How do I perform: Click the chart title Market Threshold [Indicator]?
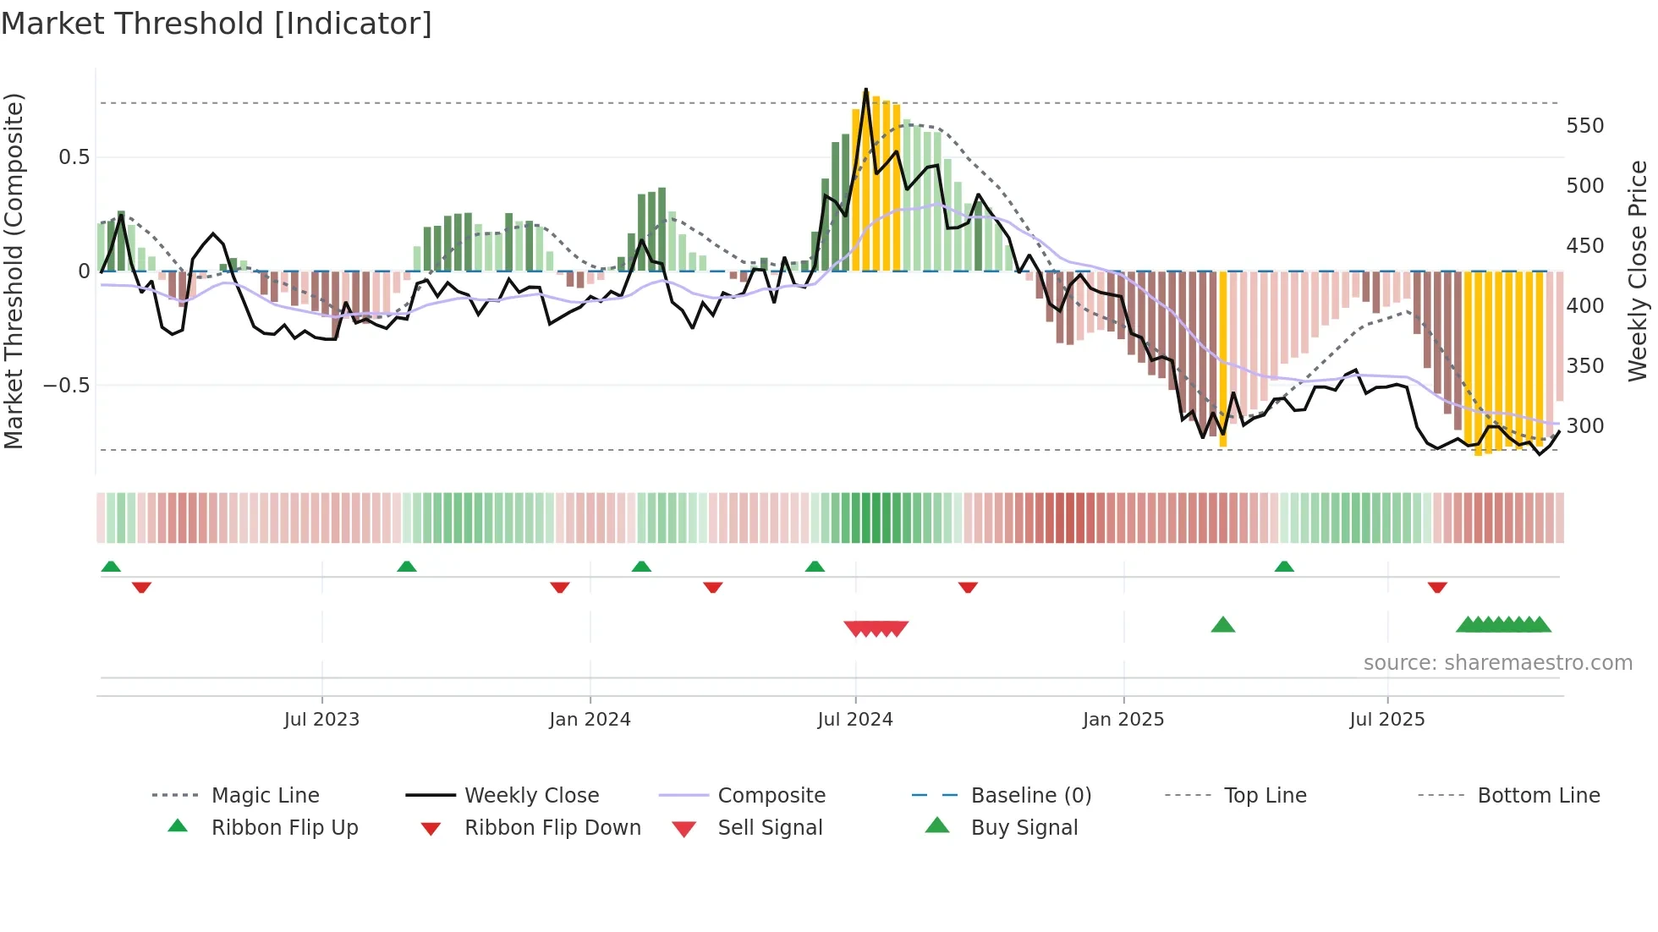pyautogui.click(x=217, y=24)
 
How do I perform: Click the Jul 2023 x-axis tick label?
pyautogui.click(x=321, y=720)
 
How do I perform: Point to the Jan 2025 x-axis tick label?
pyautogui.click(x=1123, y=720)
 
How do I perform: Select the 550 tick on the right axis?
pyautogui.click(x=1584, y=126)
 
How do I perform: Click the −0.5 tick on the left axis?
pyautogui.click(x=66, y=386)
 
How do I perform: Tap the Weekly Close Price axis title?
pyautogui.click(x=1638, y=271)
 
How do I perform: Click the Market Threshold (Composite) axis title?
pyautogui.click(x=14, y=271)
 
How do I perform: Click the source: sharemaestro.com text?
pyautogui.click(x=1497, y=663)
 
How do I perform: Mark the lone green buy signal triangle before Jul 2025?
pyautogui.click(x=1223, y=625)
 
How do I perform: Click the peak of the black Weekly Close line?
pyautogui.click(x=865, y=89)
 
